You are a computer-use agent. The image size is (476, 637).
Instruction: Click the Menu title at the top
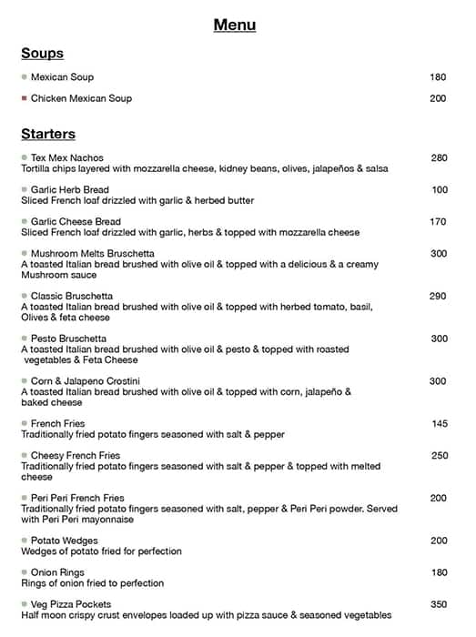(235, 25)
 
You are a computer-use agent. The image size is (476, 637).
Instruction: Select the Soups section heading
(42, 54)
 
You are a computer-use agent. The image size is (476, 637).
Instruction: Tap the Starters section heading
(48, 135)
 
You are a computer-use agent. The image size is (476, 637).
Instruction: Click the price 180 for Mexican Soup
(438, 77)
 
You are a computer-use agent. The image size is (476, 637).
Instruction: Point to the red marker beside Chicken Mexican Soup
(25, 98)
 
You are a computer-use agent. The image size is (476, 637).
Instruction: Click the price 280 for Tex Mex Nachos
(439, 158)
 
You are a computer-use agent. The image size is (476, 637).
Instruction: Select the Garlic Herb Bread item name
(70, 190)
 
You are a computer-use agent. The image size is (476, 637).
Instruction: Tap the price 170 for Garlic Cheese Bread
(438, 222)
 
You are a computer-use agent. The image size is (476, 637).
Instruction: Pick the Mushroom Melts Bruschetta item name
(92, 254)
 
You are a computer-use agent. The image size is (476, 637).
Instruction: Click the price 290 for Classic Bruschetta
(438, 297)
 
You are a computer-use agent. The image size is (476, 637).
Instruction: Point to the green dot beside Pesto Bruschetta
(25, 339)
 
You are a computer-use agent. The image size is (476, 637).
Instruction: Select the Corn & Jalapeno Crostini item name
(86, 380)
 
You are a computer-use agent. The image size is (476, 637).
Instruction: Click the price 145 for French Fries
(439, 424)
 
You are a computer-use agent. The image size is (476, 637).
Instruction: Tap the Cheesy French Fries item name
(75, 456)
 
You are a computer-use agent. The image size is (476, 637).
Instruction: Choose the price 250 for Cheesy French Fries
(439, 456)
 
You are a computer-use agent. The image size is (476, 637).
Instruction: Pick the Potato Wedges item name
(65, 541)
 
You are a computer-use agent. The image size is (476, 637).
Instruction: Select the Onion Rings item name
(58, 572)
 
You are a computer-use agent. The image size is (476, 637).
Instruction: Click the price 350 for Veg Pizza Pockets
(439, 604)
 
